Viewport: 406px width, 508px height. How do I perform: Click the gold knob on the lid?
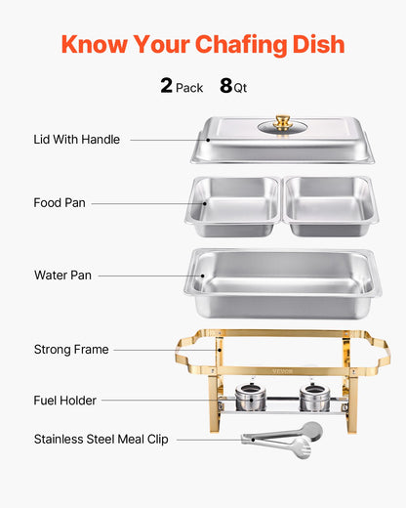[283, 122]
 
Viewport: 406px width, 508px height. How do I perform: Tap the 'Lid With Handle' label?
[77, 140]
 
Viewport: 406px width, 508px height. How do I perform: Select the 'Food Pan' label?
[60, 203]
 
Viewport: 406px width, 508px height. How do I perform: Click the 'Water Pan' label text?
[62, 275]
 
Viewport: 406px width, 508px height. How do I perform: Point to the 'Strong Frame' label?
[71, 349]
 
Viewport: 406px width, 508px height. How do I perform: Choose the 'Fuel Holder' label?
[65, 401]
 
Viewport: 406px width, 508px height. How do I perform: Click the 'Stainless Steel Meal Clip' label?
[101, 440]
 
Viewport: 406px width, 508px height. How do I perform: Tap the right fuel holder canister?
[312, 397]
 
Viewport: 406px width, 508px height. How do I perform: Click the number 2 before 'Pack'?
[167, 86]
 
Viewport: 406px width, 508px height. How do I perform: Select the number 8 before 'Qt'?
[225, 86]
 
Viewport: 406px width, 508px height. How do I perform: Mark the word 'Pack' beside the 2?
[189, 88]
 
